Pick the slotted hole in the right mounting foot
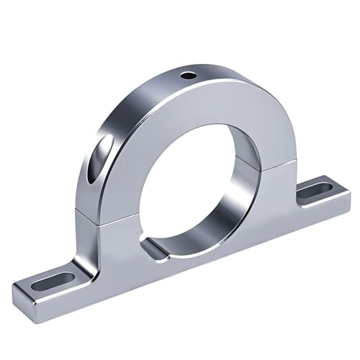(314, 191)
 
